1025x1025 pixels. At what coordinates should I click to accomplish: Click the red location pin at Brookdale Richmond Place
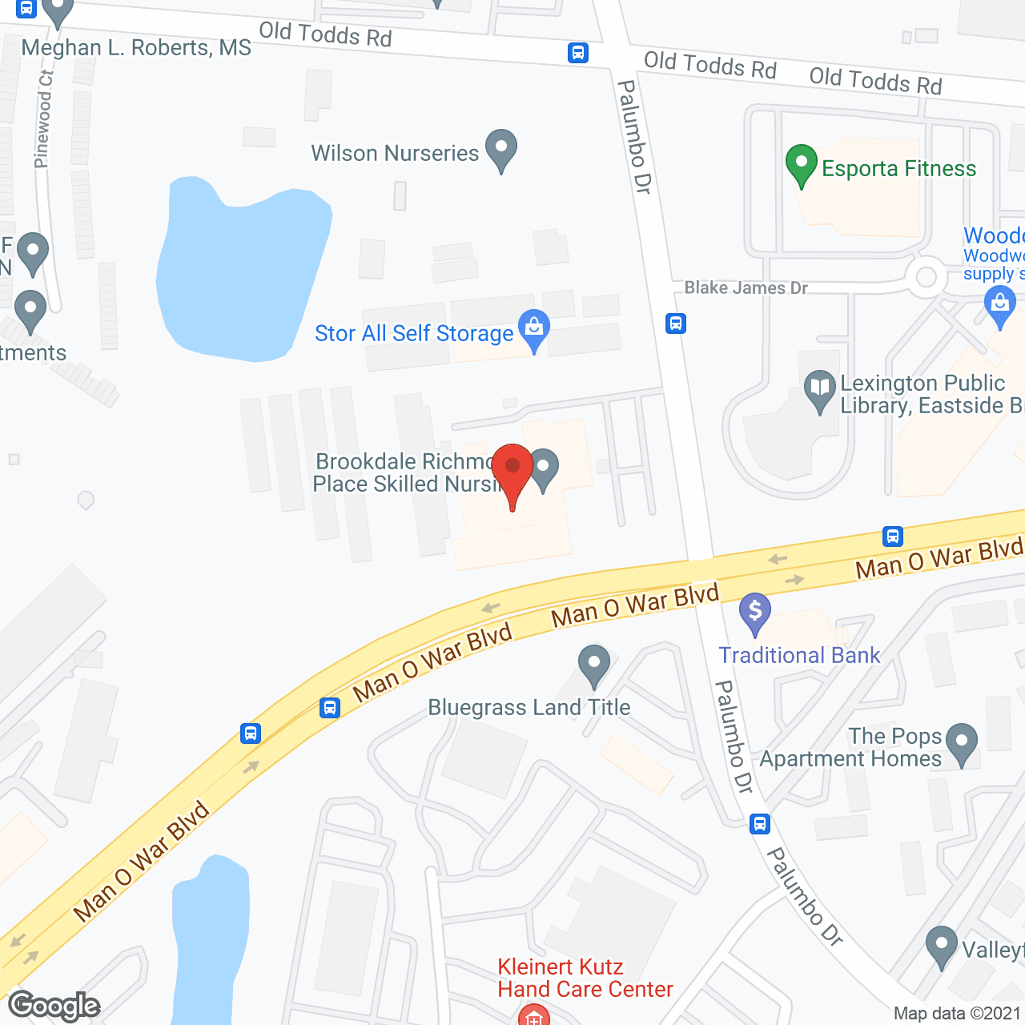pyautogui.click(x=512, y=468)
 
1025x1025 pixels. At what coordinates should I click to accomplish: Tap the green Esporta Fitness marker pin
pyautogui.click(x=801, y=163)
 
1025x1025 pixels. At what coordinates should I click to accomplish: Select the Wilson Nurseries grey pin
pyautogui.click(x=501, y=149)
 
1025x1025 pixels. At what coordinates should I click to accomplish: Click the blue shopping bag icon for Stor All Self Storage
pyautogui.click(x=534, y=328)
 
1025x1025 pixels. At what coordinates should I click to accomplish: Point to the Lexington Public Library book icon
pyautogui.click(x=819, y=390)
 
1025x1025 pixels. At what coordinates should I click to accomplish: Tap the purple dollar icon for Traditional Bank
pyautogui.click(x=754, y=612)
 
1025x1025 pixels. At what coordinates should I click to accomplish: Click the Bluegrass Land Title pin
pyautogui.click(x=593, y=665)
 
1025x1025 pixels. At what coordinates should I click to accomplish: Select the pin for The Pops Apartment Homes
pyautogui.click(x=961, y=743)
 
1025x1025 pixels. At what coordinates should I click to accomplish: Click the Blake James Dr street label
pyautogui.click(x=746, y=288)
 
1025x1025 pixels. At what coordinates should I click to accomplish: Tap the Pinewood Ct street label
pyautogui.click(x=44, y=119)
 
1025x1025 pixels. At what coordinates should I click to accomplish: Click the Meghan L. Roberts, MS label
pyautogui.click(x=136, y=48)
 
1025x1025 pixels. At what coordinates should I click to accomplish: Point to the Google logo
pyautogui.click(x=54, y=1006)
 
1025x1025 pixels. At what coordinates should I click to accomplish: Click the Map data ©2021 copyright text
pyautogui.click(x=957, y=1014)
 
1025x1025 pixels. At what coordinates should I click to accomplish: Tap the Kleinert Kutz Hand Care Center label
pyautogui.click(x=585, y=978)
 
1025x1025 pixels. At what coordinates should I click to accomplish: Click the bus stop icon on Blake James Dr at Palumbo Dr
pyautogui.click(x=676, y=324)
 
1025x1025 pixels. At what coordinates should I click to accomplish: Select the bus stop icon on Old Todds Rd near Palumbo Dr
pyautogui.click(x=578, y=53)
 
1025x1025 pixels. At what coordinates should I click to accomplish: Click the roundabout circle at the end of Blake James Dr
pyautogui.click(x=927, y=277)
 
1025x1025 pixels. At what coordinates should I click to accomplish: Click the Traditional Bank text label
pyautogui.click(x=799, y=655)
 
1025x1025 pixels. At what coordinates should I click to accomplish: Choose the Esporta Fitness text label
pyautogui.click(x=898, y=169)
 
